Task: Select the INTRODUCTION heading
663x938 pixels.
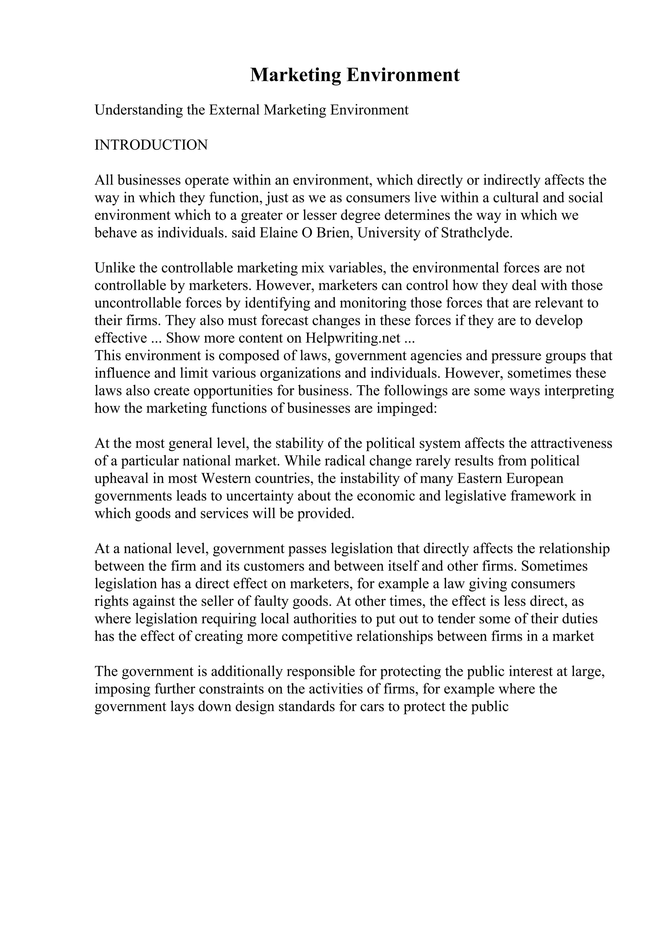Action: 151,145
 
